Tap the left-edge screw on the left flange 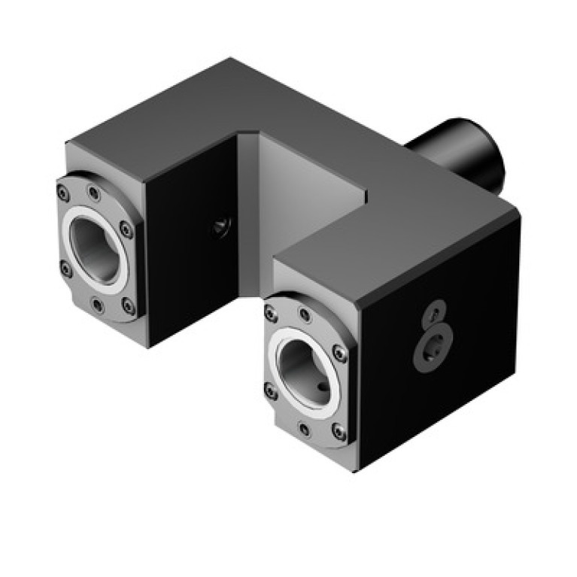point(65,267)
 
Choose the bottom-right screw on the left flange point(129,305)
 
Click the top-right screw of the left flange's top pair point(93,193)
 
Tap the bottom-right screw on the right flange point(340,432)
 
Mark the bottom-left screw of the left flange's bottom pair point(97,304)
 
